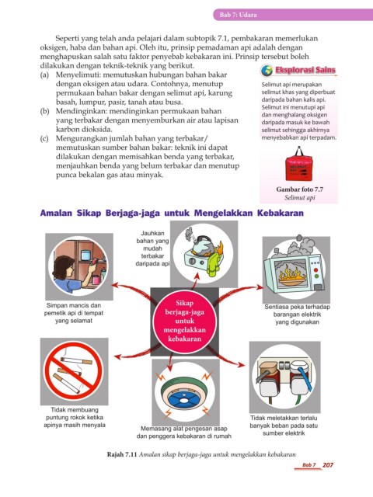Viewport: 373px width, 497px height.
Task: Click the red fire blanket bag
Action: pyautogui.click(x=298, y=165)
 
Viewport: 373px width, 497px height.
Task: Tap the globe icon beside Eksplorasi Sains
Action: pyautogui.click(x=267, y=71)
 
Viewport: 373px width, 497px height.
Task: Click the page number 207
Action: pyautogui.click(x=328, y=465)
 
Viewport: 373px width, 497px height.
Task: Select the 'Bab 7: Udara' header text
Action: pyautogui.click(x=239, y=15)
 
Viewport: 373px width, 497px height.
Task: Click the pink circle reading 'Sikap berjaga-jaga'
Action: pyautogui.click(x=184, y=321)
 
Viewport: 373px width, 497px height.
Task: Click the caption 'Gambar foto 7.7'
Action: pyautogui.click(x=299, y=189)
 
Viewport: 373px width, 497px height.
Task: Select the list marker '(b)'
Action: pyautogui.click(x=44, y=111)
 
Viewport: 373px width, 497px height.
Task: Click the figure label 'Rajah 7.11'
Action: pyautogui.click(x=122, y=454)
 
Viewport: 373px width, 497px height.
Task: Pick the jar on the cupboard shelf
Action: pyautogui.click(x=85, y=255)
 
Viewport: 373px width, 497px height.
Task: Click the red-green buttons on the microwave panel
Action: pyautogui.click(x=316, y=273)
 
